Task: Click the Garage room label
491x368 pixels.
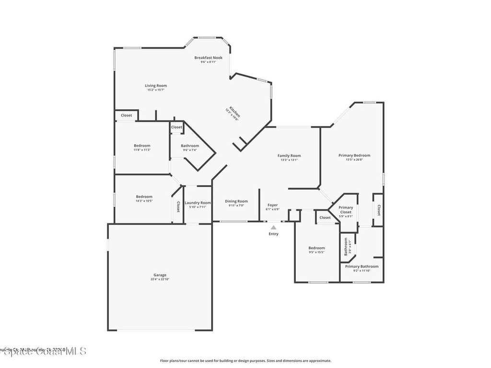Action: pyautogui.click(x=160, y=275)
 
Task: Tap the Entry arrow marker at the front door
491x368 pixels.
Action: pyautogui.click(x=273, y=228)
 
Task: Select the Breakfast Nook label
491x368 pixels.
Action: pyautogui.click(x=208, y=57)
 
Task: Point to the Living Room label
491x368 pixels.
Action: pyautogui.click(x=156, y=86)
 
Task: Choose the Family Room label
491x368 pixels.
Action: pyautogui.click(x=289, y=156)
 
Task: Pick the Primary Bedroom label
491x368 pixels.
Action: pyautogui.click(x=354, y=155)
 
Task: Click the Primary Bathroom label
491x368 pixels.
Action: pyautogui.click(x=362, y=266)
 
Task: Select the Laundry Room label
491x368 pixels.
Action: pyautogui.click(x=198, y=203)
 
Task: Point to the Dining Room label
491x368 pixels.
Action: pyautogui.click(x=236, y=201)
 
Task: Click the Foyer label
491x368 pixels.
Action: pyautogui.click(x=272, y=205)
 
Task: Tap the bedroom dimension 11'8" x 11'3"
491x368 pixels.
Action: pyautogui.click(x=142, y=150)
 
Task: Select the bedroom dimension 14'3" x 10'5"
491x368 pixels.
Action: pyautogui.click(x=144, y=201)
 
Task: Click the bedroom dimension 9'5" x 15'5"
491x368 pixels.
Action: pyautogui.click(x=316, y=252)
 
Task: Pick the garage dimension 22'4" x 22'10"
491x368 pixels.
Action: pyautogui.click(x=160, y=279)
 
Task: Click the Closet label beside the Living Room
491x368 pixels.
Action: pyautogui.click(x=126, y=115)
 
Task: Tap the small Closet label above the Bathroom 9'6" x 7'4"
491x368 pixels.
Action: pyautogui.click(x=176, y=127)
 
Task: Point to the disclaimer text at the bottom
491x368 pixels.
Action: pyautogui.click(x=245, y=361)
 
